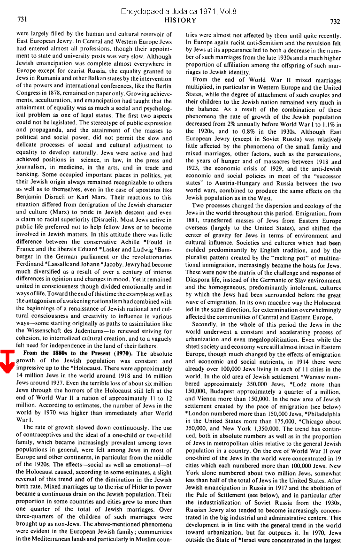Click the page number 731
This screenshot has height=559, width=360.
click(22, 20)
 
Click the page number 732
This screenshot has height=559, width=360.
click(335, 21)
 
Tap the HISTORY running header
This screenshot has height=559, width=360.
click(180, 20)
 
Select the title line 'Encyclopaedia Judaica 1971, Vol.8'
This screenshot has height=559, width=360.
click(180, 11)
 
